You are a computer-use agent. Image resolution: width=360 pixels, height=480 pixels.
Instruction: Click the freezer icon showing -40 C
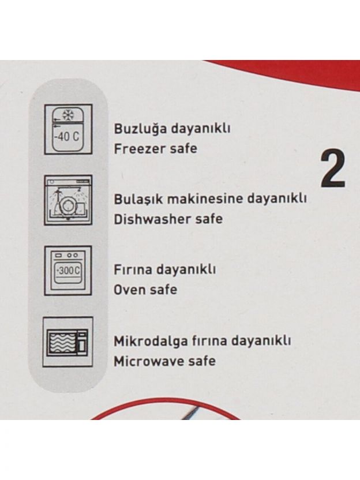[68, 129]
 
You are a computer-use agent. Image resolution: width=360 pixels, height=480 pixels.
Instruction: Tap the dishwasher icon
[68, 200]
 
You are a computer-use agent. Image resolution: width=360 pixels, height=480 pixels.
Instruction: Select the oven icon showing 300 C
[68, 271]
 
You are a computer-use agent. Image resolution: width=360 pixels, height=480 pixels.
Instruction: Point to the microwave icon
[67, 342]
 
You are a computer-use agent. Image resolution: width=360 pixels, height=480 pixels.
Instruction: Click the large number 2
[333, 168]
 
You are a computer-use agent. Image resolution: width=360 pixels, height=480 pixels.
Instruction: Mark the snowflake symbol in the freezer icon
[68, 115]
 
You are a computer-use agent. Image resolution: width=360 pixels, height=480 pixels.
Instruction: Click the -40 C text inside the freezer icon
[67, 136]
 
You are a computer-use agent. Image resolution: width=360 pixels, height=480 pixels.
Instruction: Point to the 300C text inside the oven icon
[68, 271]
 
